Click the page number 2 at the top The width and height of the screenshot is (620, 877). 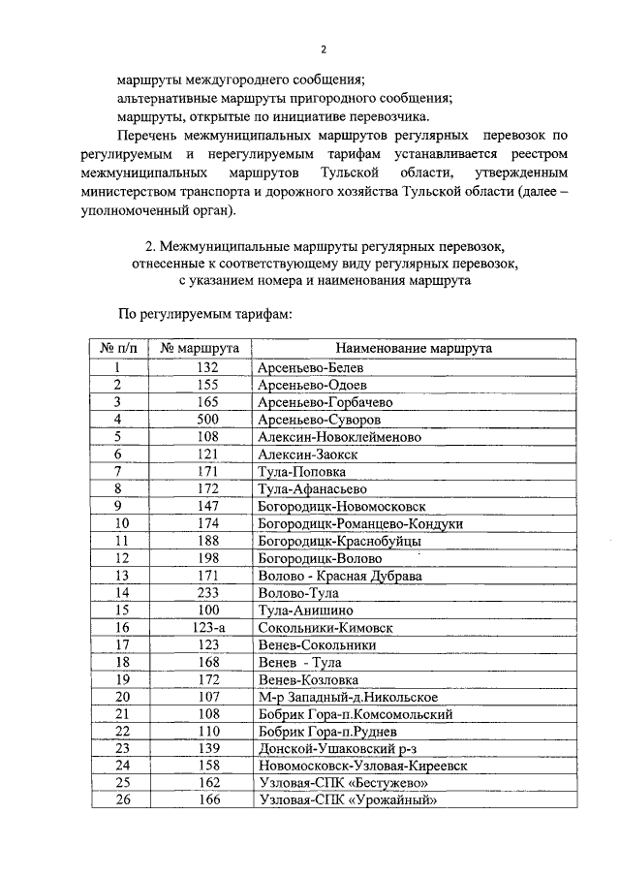point(324,49)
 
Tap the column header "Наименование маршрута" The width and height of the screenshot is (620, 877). point(414,348)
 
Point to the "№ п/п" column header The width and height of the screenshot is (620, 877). point(118,348)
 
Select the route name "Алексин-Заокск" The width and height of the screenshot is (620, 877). point(307,454)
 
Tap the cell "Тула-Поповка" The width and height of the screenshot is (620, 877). point(301,471)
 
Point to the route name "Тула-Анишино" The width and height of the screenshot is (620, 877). point(305,610)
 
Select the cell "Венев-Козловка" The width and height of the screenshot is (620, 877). point(308,678)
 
